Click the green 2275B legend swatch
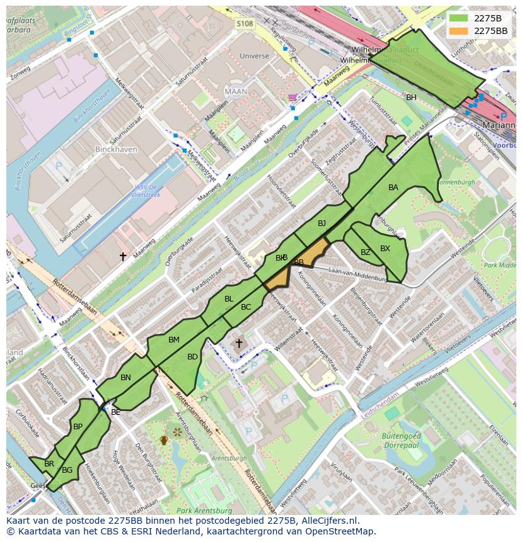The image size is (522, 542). coord(458,18)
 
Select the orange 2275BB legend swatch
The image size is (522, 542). coord(458,30)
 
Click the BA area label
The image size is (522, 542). coord(393,188)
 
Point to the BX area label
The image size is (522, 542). coord(385,249)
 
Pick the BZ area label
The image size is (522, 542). coord(366,252)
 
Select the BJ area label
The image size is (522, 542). coord(322,223)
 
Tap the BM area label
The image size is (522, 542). coord(174,340)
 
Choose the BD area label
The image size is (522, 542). coord(192,357)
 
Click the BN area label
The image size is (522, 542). coord(125,378)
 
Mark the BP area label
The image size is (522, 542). coord(78,427)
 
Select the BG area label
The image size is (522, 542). coord(67,470)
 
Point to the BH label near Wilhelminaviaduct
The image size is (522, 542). coord(411,98)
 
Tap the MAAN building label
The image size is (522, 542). coord(236,91)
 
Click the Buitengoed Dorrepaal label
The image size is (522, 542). coord(401,440)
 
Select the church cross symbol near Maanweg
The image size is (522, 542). coord(123,256)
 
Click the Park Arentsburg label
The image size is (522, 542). coord(202,511)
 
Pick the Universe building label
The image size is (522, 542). coord(254,56)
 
